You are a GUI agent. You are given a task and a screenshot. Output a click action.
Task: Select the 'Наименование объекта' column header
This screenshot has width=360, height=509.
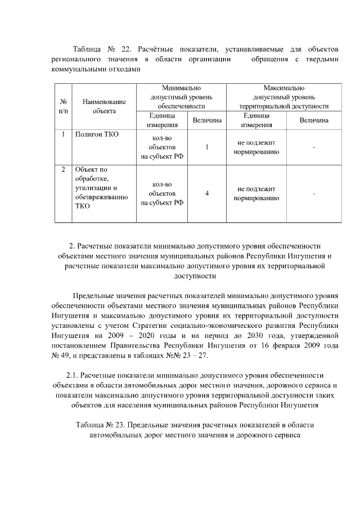coord(104,106)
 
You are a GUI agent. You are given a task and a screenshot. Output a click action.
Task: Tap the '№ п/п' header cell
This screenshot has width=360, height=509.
coord(64,106)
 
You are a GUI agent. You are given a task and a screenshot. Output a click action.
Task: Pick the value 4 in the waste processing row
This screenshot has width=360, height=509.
coord(207,193)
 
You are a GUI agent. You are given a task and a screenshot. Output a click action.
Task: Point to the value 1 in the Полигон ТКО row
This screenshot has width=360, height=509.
coord(207,147)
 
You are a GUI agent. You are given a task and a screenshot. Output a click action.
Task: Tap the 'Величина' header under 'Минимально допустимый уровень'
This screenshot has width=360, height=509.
coord(207,120)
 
